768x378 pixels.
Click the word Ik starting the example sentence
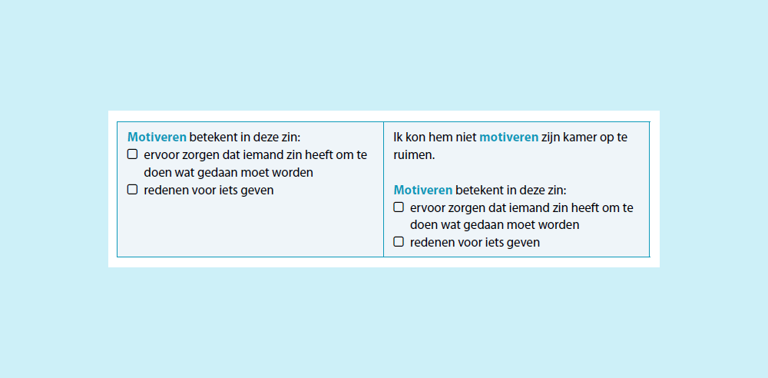(398, 138)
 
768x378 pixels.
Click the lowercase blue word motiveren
(508, 138)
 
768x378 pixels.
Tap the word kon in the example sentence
(415, 138)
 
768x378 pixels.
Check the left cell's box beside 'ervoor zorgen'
(132, 154)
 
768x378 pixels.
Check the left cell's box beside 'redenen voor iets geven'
(132, 189)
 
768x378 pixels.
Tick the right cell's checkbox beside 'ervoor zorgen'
(399, 207)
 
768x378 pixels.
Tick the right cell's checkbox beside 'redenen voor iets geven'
(399, 242)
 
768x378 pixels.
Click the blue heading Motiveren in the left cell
(157, 138)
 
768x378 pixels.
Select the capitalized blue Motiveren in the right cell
(423, 191)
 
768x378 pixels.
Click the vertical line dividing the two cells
(383, 189)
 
